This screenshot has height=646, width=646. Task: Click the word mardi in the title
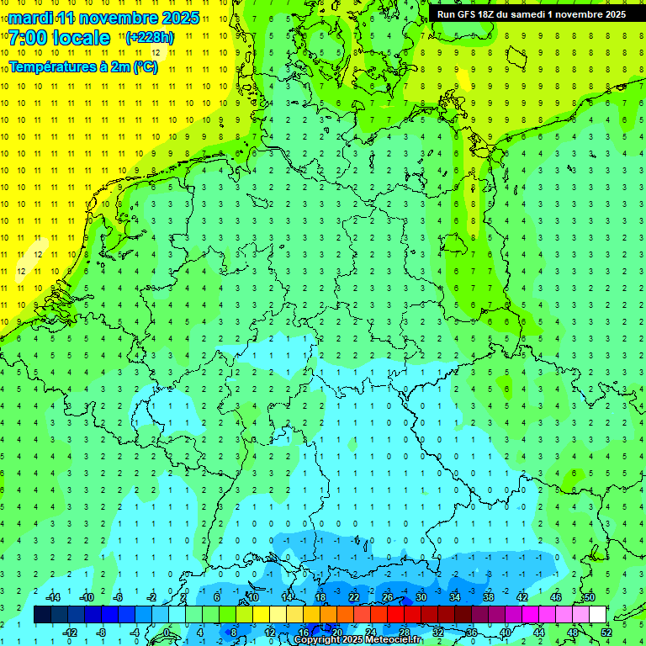point(30,18)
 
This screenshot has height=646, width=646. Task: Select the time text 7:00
point(26,38)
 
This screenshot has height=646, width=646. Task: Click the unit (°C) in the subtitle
point(144,67)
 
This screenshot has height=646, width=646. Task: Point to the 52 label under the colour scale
point(606,632)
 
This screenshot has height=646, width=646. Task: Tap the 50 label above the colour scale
point(589,597)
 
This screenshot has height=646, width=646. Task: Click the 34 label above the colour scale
point(454,597)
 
